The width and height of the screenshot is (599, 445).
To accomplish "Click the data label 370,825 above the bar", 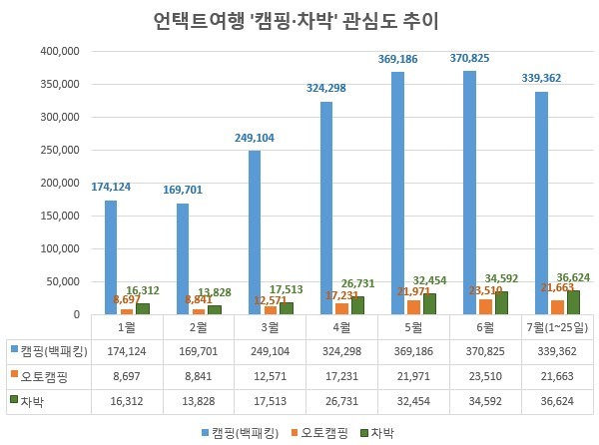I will click(469, 59).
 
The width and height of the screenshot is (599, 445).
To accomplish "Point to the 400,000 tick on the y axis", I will click(58, 51).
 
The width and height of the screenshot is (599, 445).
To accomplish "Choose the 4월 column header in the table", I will click(340, 326).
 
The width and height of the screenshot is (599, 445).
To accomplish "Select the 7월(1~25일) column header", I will click(556, 326).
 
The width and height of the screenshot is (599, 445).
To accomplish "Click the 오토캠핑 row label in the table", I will click(42, 374).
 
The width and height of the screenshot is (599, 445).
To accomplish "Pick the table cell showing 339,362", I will click(556, 350).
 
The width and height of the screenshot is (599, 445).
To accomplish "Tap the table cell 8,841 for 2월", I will click(197, 374).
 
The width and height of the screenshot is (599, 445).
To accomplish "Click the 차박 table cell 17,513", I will click(269, 398).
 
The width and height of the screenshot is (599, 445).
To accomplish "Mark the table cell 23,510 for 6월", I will click(484, 374).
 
